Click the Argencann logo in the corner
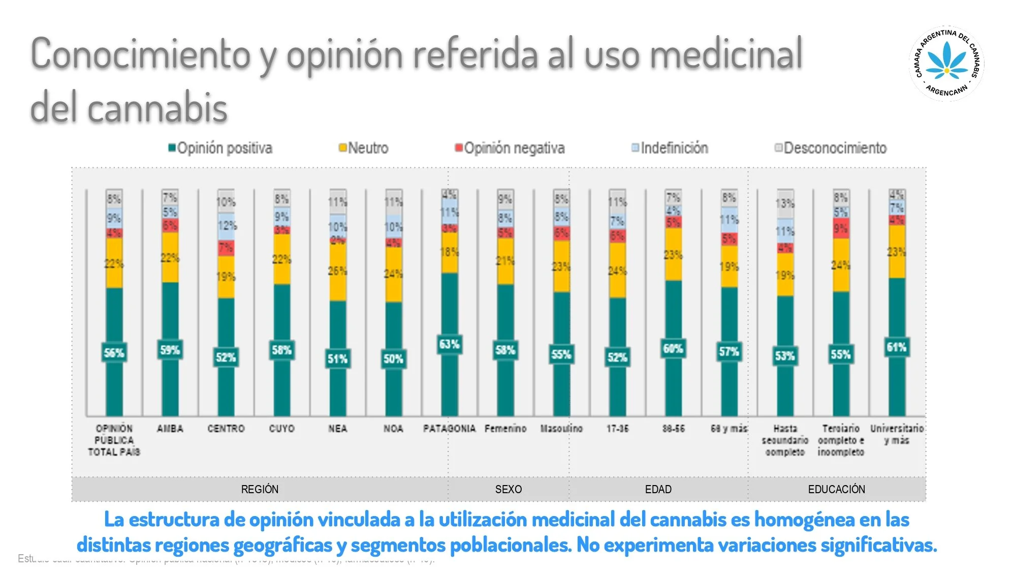[x=946, y=64]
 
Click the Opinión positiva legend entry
[x=220, y=148]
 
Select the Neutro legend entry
[x=364, y=148]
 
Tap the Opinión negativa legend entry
[x=510, y=148]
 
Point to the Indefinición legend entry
[x=670, y=148]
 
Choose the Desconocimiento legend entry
[x=831, y=148]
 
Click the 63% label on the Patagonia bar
[x=449, y=344]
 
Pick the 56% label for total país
[x=114, y=353]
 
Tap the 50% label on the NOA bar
[x=393, y=359]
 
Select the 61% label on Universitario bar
[x=896, y=347]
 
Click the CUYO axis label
[x=281, y=429]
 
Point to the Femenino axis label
[x=505, y=429]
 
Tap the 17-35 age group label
[x=617, y=429]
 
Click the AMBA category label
[x=170, y=429]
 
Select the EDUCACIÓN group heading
[x=836, y=489]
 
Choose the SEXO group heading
[x=508, y=489]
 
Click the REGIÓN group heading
[x=260, y=489]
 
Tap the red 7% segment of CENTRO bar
[x=226, y=248]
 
